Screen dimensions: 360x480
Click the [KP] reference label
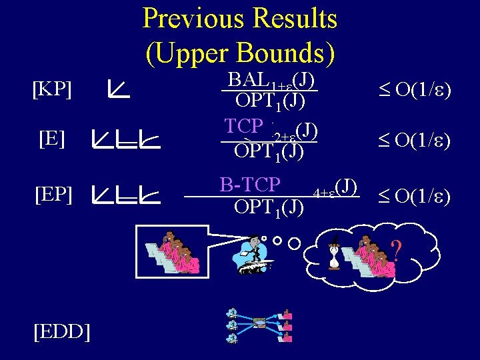coord(52,89)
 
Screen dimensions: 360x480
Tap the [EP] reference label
coord(53,195)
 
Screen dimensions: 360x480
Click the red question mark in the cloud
coord(396,251)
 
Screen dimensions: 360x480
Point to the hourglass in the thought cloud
coord(333,253)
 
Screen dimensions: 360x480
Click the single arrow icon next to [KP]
coord(119,88)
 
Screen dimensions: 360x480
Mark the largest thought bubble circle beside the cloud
coord(294,244)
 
